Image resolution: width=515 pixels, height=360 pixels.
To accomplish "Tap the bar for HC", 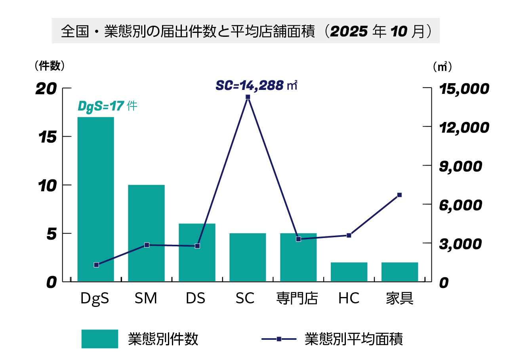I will coord(349,272).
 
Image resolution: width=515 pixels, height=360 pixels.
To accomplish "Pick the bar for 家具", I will coord(400,272).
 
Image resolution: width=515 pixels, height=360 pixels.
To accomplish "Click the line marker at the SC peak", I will coord(248,97).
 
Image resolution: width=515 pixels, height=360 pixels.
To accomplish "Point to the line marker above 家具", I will coord(399,195).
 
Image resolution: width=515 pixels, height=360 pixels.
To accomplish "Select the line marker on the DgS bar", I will coord(96,265).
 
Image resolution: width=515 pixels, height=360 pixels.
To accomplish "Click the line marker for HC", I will coord(349,235).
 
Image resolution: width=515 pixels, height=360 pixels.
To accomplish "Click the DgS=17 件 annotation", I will coord(107,106).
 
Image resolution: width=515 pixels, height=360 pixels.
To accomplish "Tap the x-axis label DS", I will coord(196,298).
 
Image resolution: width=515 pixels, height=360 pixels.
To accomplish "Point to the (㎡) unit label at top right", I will coord(442,67).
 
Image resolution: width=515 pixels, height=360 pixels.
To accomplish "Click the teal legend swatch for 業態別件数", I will coord(99,339).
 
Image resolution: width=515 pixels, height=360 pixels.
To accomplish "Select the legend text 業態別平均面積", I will coord(354,339).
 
